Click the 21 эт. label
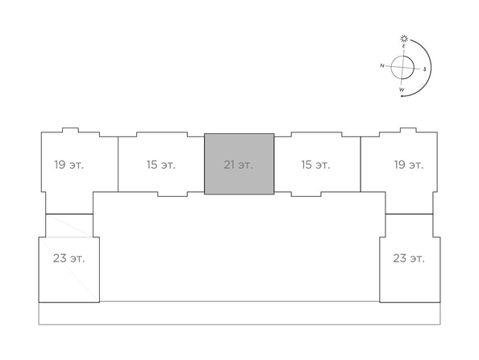point(238,165)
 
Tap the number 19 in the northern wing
point(60,165)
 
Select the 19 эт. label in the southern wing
point(409,165)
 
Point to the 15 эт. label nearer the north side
point(161,165)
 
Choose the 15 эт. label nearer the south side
point(315,165)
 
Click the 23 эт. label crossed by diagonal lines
point(69,258)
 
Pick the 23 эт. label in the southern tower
point(409,258)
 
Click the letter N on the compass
point(382,65)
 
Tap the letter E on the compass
point(403,46)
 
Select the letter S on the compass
point(425,69)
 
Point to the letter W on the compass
point(402,90)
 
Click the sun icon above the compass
point(405,39)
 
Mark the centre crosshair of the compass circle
point(402,67)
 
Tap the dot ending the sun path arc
point(402,96)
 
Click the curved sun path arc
point(431,67)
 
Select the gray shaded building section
point(240,164)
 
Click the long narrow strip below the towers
point(240,313)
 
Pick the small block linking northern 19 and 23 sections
point(69,225)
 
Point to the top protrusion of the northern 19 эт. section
point(70,130)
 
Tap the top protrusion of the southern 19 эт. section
point(408,130)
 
